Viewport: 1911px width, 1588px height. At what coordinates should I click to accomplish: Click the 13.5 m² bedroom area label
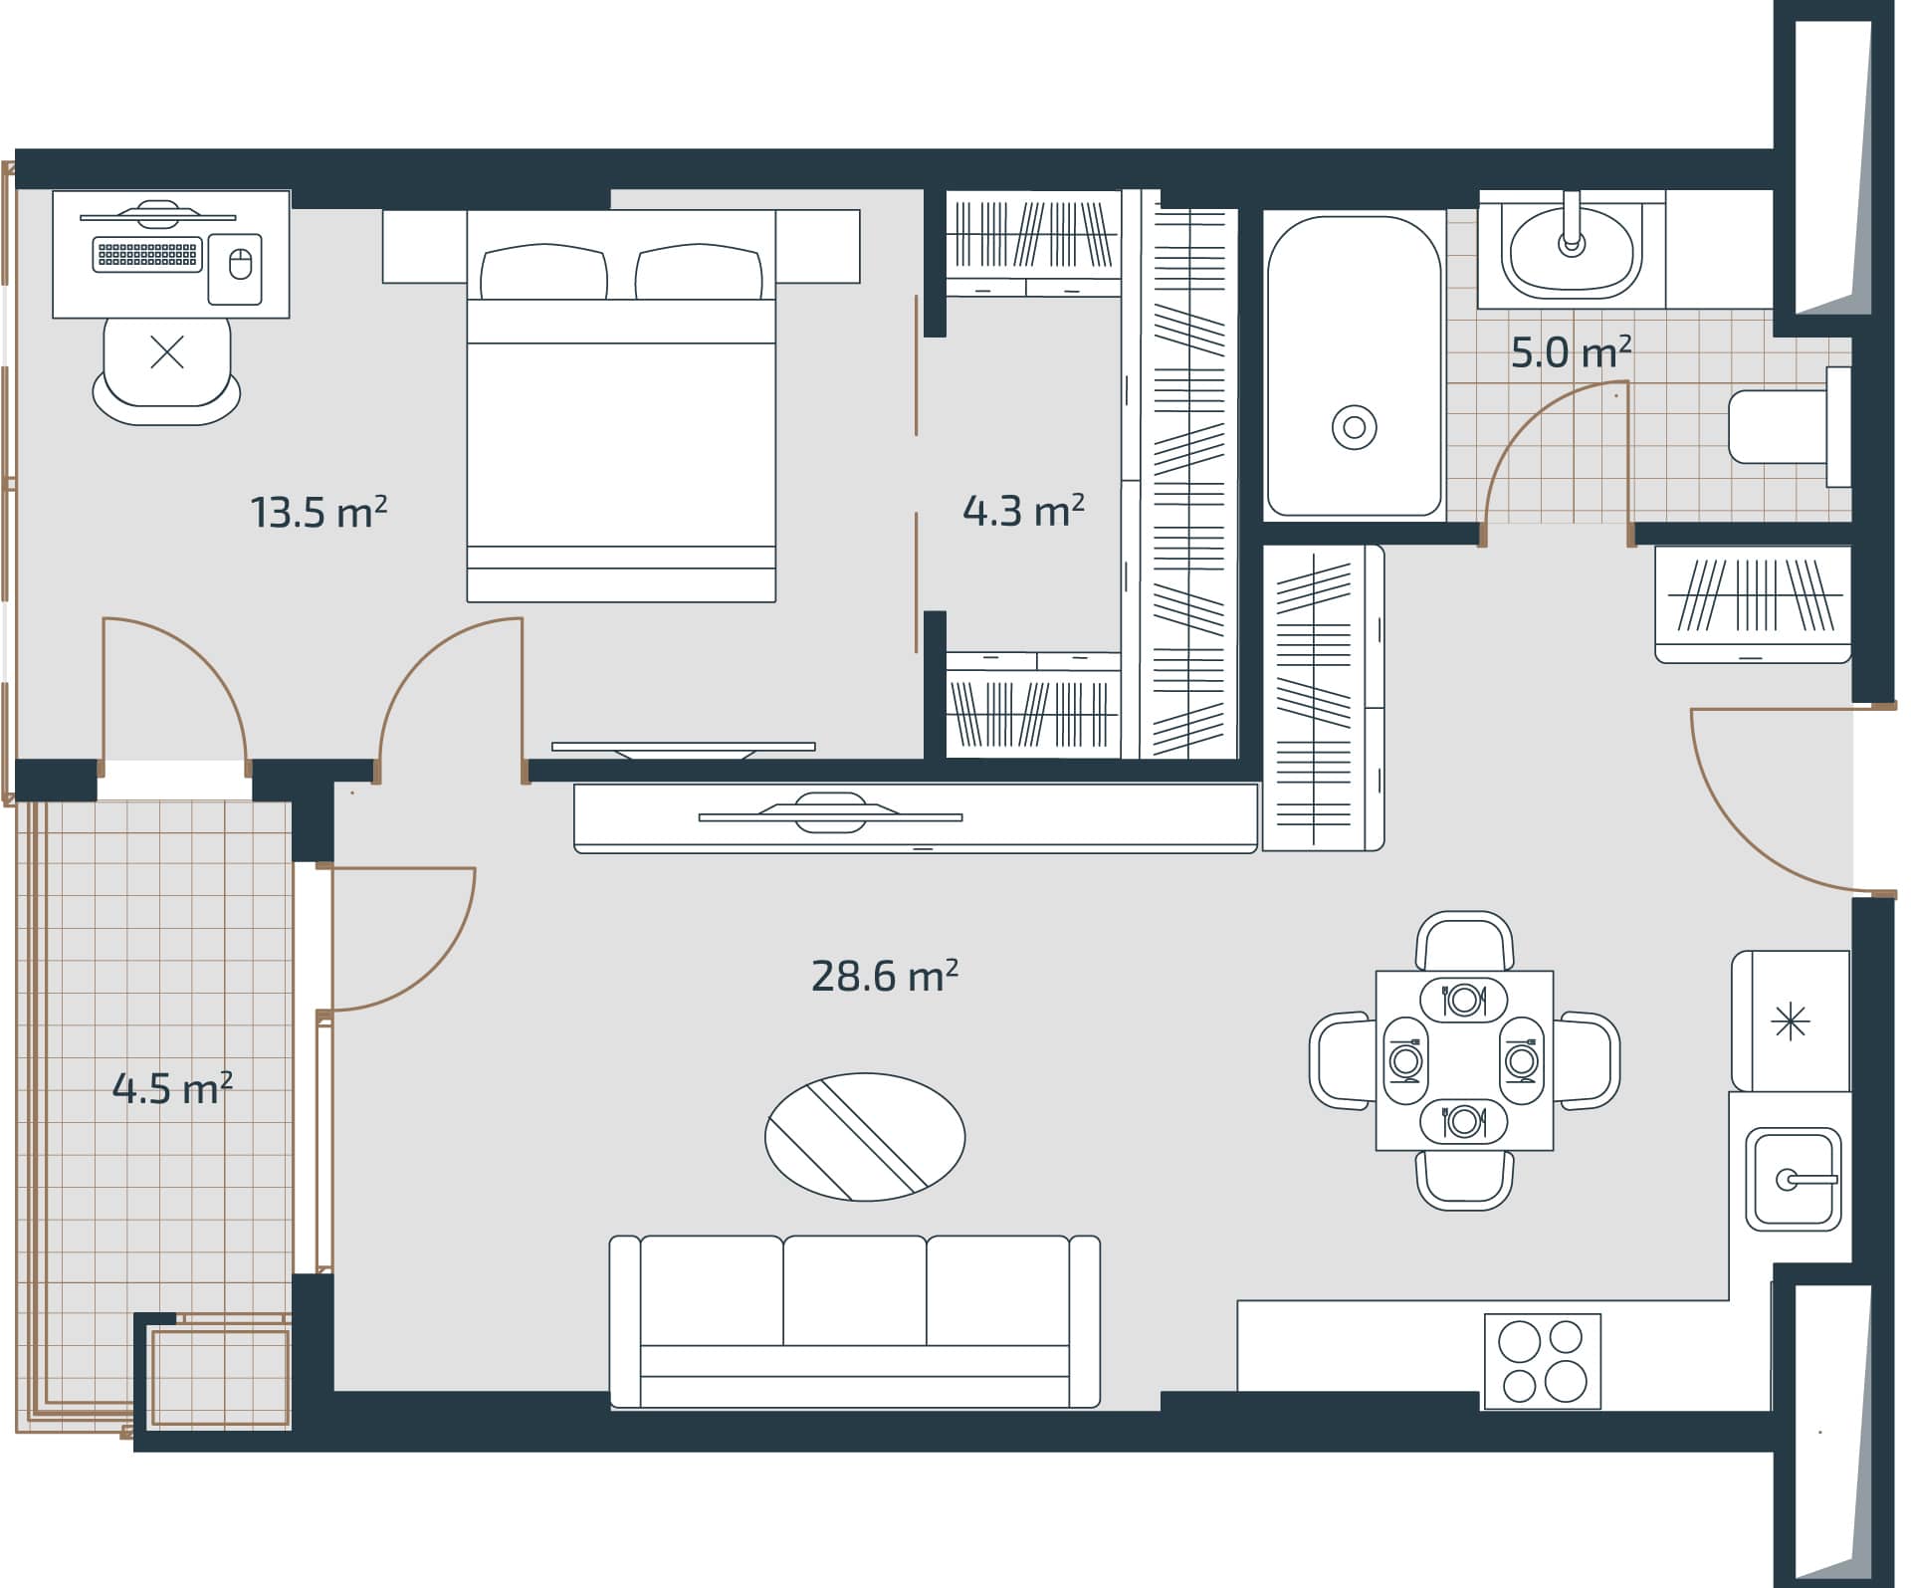pyautogui.click(x=318, y=513)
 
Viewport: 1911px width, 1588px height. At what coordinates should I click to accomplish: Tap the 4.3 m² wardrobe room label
pyautogui.click(x=1023, y=511)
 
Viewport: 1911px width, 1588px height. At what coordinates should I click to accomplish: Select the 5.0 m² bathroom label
pyautogui.click(x=1571, y=352)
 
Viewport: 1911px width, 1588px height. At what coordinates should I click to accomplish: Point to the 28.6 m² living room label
pyautogui.click(x=884, y=976)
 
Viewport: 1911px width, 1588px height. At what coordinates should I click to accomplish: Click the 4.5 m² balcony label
pyautogui.click(x=172, y=1088)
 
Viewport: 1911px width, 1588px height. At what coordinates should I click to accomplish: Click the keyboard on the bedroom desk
pyautogui.click(x=147, y=255)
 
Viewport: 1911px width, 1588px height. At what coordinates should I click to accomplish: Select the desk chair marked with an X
pyautogui.click(x=166, y=363)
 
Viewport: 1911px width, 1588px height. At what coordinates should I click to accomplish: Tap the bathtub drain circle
pyautogui.click(x=1354, y=427)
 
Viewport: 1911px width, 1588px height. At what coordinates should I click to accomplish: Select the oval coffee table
pyautogui.click(x=864, y=1136)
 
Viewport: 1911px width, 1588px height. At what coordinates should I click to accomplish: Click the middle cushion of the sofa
pyautogui.click(x=854, y=1291)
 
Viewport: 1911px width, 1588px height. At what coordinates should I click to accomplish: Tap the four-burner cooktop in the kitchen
pyautogui.click(x=1542, y=1360)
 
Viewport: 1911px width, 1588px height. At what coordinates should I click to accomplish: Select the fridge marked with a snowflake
pyautogui.click(x=1791, y=1021)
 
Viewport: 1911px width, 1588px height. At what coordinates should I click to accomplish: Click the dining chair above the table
pyautogui.click(x=1464, y=941)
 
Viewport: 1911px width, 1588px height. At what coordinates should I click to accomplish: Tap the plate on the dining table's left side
pyautogui.click(x=1405, y=1061)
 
